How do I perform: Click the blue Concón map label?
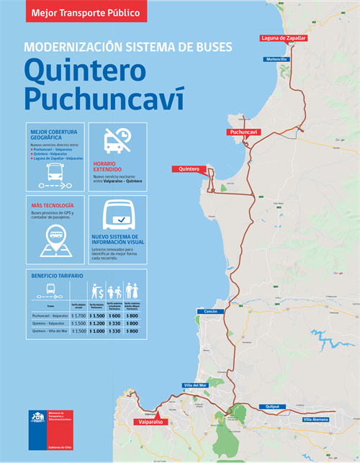coord(210,311)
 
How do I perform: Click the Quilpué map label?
coord(273,406)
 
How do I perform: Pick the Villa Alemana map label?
coord(315,418)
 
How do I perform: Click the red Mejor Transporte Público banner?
coord(86,11)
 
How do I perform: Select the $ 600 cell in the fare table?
coord(114,315)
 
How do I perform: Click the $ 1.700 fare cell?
coord(79,315)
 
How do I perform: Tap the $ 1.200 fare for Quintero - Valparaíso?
coord(97,323)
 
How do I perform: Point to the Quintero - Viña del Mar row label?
coord(50,331)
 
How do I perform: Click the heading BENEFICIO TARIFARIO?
coord(57,276)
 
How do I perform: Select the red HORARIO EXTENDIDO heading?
coord(112,166)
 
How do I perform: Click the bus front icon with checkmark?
coord(117,216)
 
